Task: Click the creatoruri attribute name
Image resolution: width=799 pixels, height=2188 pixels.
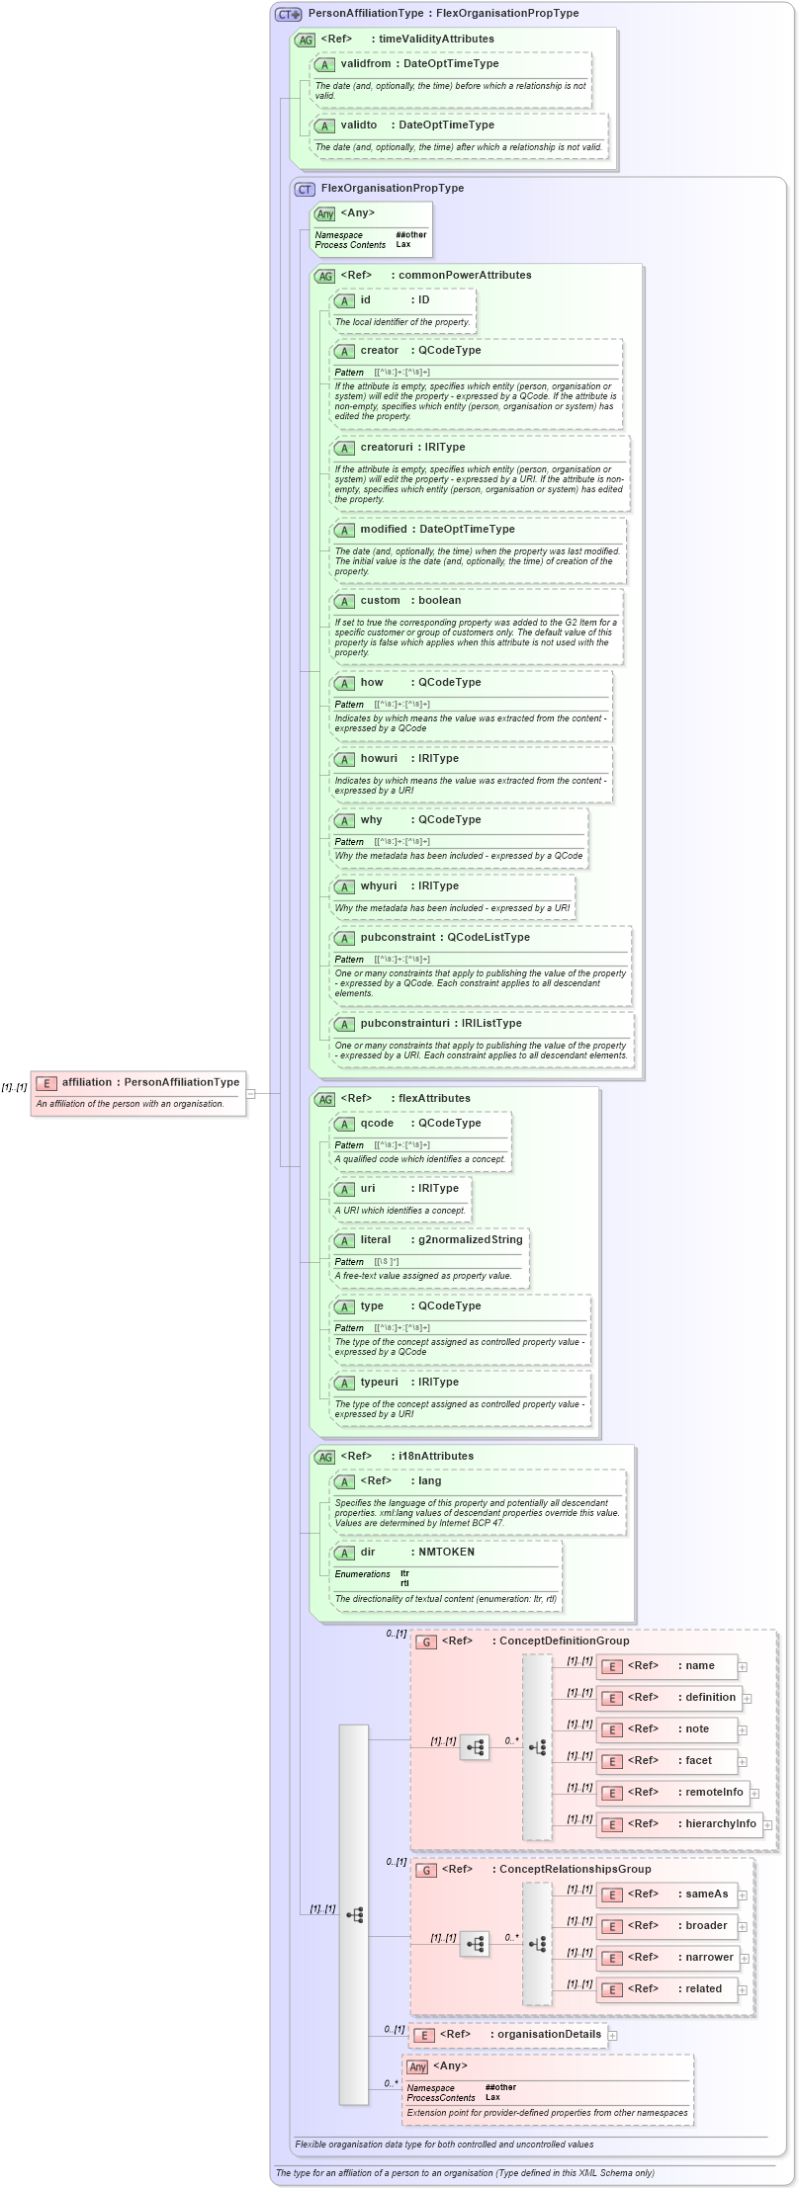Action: point(386,448)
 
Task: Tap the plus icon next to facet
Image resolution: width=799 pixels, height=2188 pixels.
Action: point(743,1762)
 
